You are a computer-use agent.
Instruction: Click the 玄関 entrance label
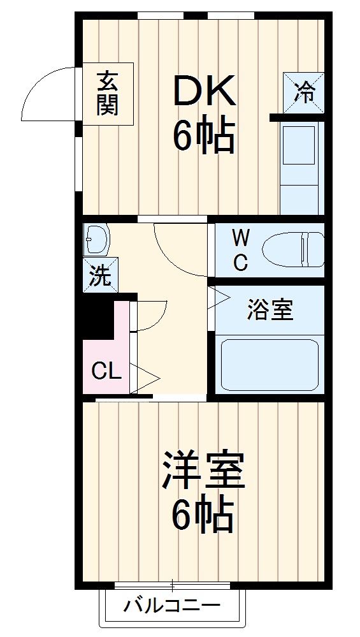(107, 93)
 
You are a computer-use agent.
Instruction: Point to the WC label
(240, 251)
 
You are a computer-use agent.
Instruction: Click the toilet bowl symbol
(293, 249)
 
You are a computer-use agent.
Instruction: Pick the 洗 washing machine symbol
(99, 276)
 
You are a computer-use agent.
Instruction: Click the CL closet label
(106, 371)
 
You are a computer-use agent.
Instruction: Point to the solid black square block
(96, 317)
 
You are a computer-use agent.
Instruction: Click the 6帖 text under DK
(204, 135)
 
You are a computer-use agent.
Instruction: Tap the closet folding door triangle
(143, 376)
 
